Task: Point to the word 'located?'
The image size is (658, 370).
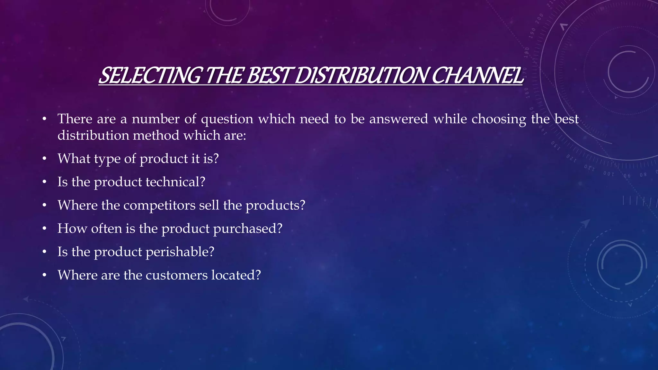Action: click(x=236, y=275)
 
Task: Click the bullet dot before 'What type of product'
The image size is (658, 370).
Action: click(x=44, y=159)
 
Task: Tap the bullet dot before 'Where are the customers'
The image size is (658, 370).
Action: click(x=44, y=275)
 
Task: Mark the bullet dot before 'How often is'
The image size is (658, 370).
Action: click(x=44, y=229)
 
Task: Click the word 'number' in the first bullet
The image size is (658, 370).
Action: click(x=156, y=119)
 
